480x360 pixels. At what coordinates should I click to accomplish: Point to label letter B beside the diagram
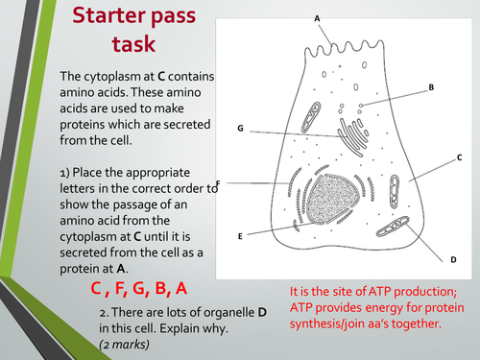431,87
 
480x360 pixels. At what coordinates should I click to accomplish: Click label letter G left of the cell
241,128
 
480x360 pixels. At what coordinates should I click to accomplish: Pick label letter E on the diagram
240,235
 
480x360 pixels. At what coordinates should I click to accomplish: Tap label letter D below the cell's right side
453,260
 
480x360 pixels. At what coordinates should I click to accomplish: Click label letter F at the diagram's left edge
220,182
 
